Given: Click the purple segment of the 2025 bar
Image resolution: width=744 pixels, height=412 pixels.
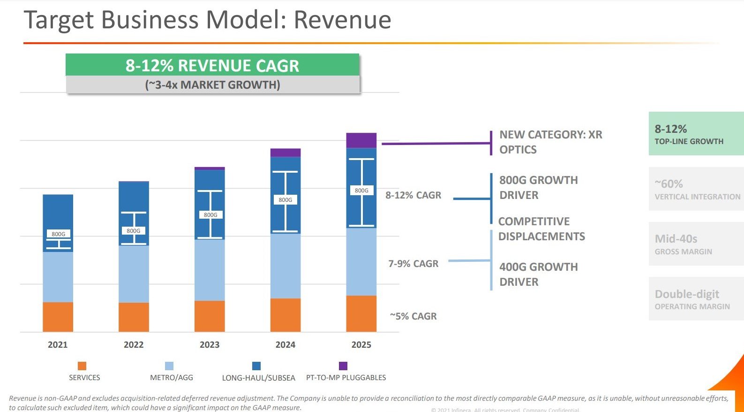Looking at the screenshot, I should click(361, 140).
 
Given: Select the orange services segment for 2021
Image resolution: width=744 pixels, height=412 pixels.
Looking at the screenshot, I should click(58, 317).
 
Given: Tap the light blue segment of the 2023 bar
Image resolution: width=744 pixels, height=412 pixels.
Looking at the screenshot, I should click(210, 270).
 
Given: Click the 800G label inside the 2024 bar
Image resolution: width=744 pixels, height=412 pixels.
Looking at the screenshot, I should click(285, 200).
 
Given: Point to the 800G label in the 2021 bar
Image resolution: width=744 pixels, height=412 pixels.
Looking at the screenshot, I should click(59, 234).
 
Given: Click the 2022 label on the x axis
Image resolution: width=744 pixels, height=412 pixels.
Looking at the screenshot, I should click(134, 345).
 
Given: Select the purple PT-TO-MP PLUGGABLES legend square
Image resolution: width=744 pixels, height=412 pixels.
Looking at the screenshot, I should click(343, 366).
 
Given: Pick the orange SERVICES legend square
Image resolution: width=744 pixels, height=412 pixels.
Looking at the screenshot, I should click(82, 366).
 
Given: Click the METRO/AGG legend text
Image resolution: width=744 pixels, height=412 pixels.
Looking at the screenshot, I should click(171, 378).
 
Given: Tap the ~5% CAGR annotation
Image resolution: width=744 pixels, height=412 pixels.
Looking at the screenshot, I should click(413, 316).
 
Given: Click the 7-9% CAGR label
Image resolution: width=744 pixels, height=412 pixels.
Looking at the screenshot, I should click(413, 264).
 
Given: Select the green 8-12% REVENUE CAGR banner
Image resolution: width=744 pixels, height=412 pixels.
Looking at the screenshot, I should click(212, 65).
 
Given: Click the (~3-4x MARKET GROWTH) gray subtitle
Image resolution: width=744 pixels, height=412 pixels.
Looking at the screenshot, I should click(212, 85).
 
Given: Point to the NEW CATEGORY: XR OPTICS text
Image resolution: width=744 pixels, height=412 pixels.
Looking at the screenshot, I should click(550, 142).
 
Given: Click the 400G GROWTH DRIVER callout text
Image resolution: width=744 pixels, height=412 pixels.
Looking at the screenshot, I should click(538, 275).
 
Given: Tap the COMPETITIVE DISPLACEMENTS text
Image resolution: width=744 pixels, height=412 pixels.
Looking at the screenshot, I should click(541, 229).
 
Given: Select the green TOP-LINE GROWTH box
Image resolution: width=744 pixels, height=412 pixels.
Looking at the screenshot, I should click(696, 134).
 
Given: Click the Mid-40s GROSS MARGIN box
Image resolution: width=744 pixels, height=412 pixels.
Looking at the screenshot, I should click(696, 244).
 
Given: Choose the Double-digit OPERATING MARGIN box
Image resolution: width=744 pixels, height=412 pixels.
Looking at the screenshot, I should click(696, 299).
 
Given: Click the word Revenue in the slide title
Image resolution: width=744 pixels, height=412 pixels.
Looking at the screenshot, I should click(342, 20).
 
